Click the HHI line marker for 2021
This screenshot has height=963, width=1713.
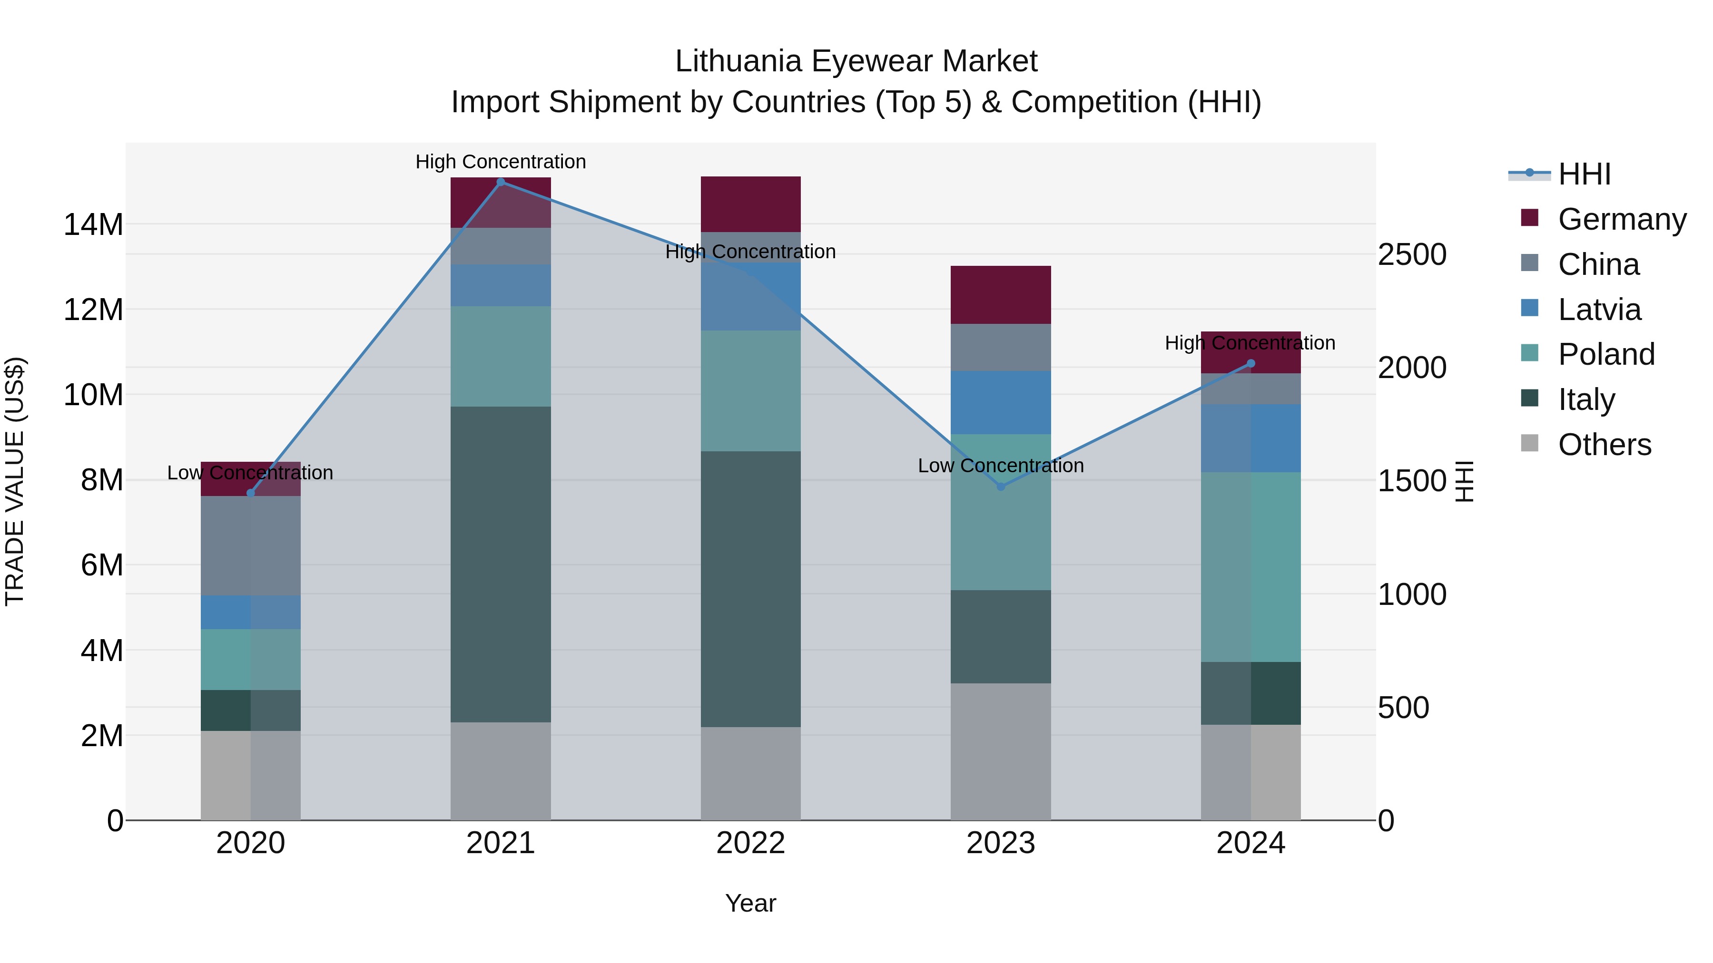501,182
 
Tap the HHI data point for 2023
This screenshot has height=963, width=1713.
1001,486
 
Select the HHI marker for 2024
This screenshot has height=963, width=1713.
1251,363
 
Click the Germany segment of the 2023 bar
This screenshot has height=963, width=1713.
1001,295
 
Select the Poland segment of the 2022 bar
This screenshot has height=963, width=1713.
751,391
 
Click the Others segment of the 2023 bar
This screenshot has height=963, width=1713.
1001,752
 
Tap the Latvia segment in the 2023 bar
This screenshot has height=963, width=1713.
1001,403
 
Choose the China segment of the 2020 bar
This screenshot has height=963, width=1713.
251,545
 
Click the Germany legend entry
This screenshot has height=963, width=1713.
1622,219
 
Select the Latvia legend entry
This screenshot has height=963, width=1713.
1599,310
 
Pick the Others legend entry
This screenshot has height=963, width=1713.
1604,445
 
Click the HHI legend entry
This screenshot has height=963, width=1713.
1584,174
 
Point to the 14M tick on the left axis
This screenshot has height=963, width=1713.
93,224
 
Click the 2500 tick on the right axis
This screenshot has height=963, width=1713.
1412,254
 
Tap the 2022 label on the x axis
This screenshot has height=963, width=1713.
751,843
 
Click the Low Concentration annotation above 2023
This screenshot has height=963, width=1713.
1001,466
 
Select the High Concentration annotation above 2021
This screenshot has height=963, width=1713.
501,162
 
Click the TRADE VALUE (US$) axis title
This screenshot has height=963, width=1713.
15,481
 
